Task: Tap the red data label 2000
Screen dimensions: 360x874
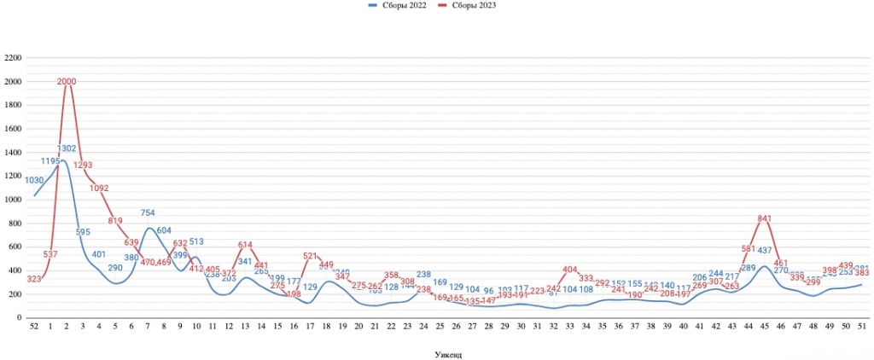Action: [x=67, y=82]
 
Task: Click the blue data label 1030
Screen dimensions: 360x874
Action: [x=35, y=180]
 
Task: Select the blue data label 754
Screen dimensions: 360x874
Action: [x=148, y=212]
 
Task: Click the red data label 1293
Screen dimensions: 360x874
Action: [x=83, y=165]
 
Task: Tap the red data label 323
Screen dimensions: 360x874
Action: [x=34, y=279]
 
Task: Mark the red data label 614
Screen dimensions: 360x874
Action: [x=245, y=245]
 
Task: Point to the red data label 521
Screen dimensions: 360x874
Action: [x=310, y=256]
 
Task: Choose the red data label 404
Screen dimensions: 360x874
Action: [x=570, y=270]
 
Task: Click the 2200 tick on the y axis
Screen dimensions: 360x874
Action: [x=13, y=58]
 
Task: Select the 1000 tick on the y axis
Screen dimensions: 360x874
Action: [x=13, y=200]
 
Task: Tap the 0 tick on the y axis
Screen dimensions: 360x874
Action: [x=20, y=317]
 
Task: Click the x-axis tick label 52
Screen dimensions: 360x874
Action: [x=34, y=327]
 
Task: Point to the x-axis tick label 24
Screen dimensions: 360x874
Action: [x=423, y=327]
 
